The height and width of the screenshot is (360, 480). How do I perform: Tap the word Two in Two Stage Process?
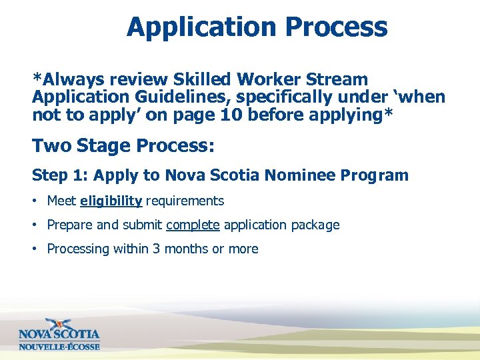point(49,145)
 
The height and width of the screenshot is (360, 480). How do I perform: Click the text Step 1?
point(60,176)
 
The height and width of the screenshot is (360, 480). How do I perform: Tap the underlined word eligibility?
point(111,201)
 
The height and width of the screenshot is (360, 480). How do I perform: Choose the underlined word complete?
point(193,225)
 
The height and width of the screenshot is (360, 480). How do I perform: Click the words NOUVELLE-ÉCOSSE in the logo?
point(59,347)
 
